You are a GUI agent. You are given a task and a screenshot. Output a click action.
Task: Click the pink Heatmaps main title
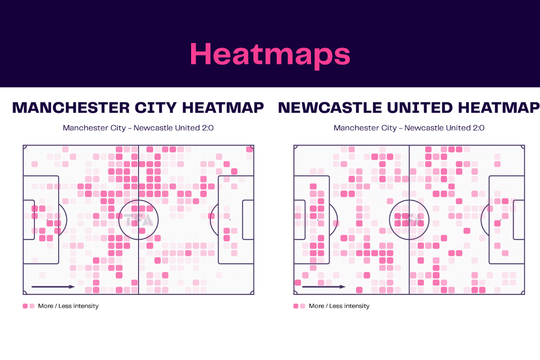[x=270, y=55]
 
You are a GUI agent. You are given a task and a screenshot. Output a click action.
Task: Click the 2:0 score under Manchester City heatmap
[x=208, y=128]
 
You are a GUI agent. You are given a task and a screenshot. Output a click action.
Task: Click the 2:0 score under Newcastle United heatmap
[x=478, y=128]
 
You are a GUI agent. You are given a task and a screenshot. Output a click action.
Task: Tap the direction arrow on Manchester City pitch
[x=53, y=287]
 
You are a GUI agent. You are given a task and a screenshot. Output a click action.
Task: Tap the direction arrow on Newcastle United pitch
[x=324, y=287]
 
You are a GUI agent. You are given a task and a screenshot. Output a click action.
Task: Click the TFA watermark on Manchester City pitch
[x=138, y=220]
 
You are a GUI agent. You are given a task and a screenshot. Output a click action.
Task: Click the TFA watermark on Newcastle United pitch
[x=409, y=220]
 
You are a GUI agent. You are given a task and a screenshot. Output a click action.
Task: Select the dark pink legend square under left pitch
[x=25, y=306]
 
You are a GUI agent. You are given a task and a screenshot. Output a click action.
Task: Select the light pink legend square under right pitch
[x=303, y=306]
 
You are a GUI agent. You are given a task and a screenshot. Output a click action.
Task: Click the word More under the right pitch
[x=316, y=306]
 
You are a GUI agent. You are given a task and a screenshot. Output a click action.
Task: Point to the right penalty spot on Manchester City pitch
[x=230, y=220]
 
